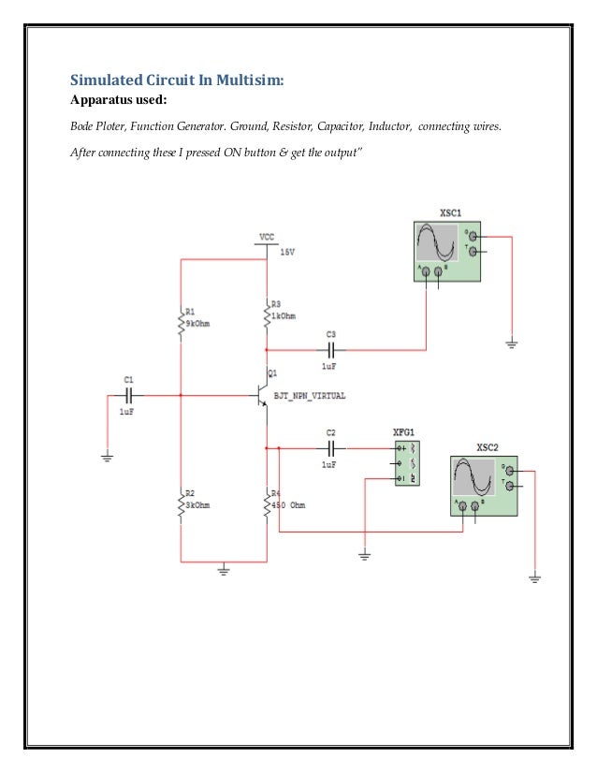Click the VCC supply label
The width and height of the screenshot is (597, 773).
(267, 237)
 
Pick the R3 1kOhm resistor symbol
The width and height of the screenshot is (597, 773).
(267, 314)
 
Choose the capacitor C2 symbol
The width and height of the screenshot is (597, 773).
(329, 449)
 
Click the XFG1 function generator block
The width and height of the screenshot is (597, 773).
(407, 463)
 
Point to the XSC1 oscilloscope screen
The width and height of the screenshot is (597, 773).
(437, 243)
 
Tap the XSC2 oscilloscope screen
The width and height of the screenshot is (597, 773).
(473, 477)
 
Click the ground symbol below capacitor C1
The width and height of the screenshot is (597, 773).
(108, 457)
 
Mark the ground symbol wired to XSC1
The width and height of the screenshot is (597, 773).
(512, 343)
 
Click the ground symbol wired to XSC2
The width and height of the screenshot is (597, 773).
(534, 578)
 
